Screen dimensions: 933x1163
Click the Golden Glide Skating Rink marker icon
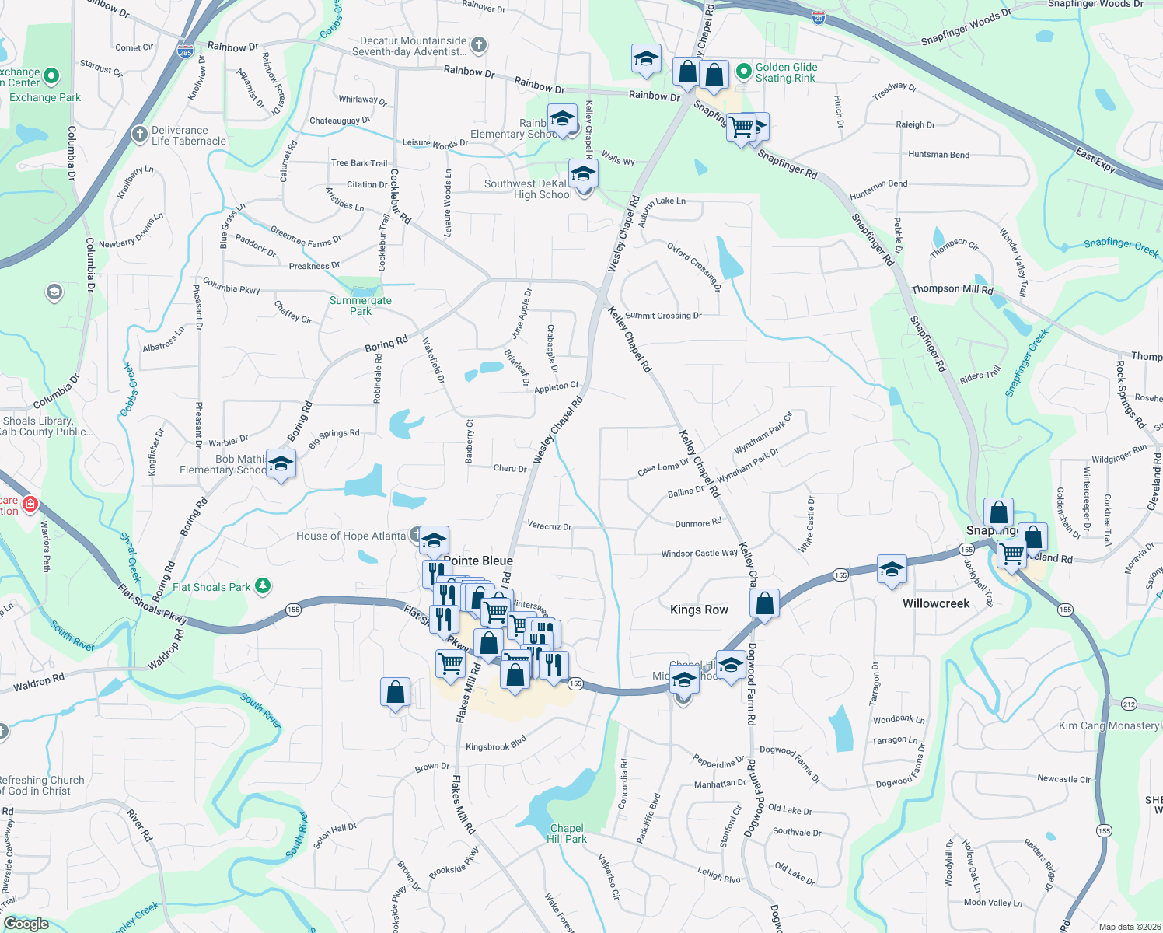(744, 72)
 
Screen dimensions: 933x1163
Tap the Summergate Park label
(361, 306)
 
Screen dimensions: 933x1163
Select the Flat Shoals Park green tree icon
(263, 585)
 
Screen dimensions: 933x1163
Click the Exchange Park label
(45, 97)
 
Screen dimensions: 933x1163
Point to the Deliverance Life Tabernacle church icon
(139, 135)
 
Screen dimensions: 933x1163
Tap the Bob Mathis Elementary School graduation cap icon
(281, 465)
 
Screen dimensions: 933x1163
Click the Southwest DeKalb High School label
(528, 189)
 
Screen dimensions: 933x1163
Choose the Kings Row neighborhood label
(699, 610)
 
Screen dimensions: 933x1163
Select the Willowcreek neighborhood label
(936, 603)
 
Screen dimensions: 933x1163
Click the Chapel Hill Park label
(567, 833)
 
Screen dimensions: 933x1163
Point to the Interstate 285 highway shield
(185, 52)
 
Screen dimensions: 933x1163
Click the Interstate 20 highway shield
(819, 18)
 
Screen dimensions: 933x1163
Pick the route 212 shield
(1129, 704)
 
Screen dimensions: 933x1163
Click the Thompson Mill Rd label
(952, 289)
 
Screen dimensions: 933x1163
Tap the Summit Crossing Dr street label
(663, 316)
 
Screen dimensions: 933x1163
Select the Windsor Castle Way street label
(699, 554)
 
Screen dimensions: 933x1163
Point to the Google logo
(26, 923)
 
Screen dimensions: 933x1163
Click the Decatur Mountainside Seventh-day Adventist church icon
(479, 45)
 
